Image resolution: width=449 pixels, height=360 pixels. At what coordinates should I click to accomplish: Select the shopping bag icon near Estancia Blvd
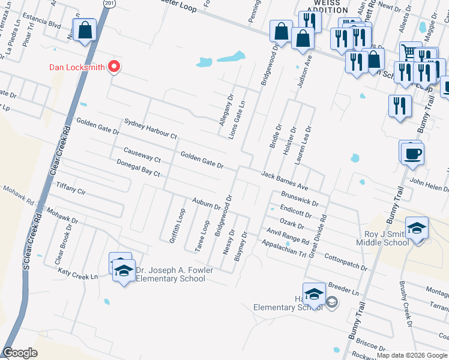coord(85,30)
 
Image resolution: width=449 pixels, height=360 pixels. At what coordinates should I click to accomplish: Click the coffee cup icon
coord(412,153)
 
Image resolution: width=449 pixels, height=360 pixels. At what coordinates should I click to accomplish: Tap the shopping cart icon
coord(411,52)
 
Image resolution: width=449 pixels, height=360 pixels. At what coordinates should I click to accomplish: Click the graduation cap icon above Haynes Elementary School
coord(314,294)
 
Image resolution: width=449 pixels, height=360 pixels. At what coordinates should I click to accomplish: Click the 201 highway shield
coord(108,4)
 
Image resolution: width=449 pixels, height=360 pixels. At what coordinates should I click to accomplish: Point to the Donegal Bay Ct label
coord(138,167)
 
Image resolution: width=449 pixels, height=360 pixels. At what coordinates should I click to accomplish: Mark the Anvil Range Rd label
coord(288,238)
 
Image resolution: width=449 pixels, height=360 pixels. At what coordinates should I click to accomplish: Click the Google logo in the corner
coord(20,353)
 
